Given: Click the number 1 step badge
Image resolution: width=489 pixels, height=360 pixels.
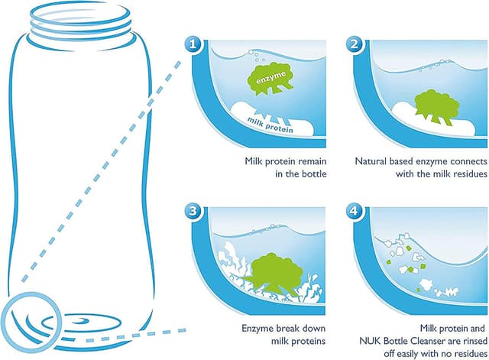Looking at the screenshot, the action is click(x=193, y=44).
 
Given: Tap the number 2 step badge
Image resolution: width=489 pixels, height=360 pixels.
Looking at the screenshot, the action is click(x=355, y=44).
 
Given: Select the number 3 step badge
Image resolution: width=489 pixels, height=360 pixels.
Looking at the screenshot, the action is click(x=193, y=212).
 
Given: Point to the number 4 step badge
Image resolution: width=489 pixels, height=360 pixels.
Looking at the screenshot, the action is click(x=355, y=212).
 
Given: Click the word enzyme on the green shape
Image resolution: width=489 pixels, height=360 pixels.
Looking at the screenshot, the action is click(x=270, y=78).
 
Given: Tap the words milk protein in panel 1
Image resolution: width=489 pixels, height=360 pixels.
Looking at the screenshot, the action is click(x=270, y=125).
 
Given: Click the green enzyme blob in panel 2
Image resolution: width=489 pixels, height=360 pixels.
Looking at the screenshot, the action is click(x=436, y=106).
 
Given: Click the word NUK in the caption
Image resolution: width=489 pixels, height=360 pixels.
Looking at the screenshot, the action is click(x=371, y=341).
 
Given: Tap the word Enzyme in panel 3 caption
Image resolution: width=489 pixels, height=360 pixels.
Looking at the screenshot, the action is click(x=257, y=329).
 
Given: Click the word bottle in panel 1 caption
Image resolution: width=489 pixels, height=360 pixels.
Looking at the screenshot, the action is click(x=314, y=174).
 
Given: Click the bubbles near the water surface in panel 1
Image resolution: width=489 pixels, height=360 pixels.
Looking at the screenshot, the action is click(x=257, y=56).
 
